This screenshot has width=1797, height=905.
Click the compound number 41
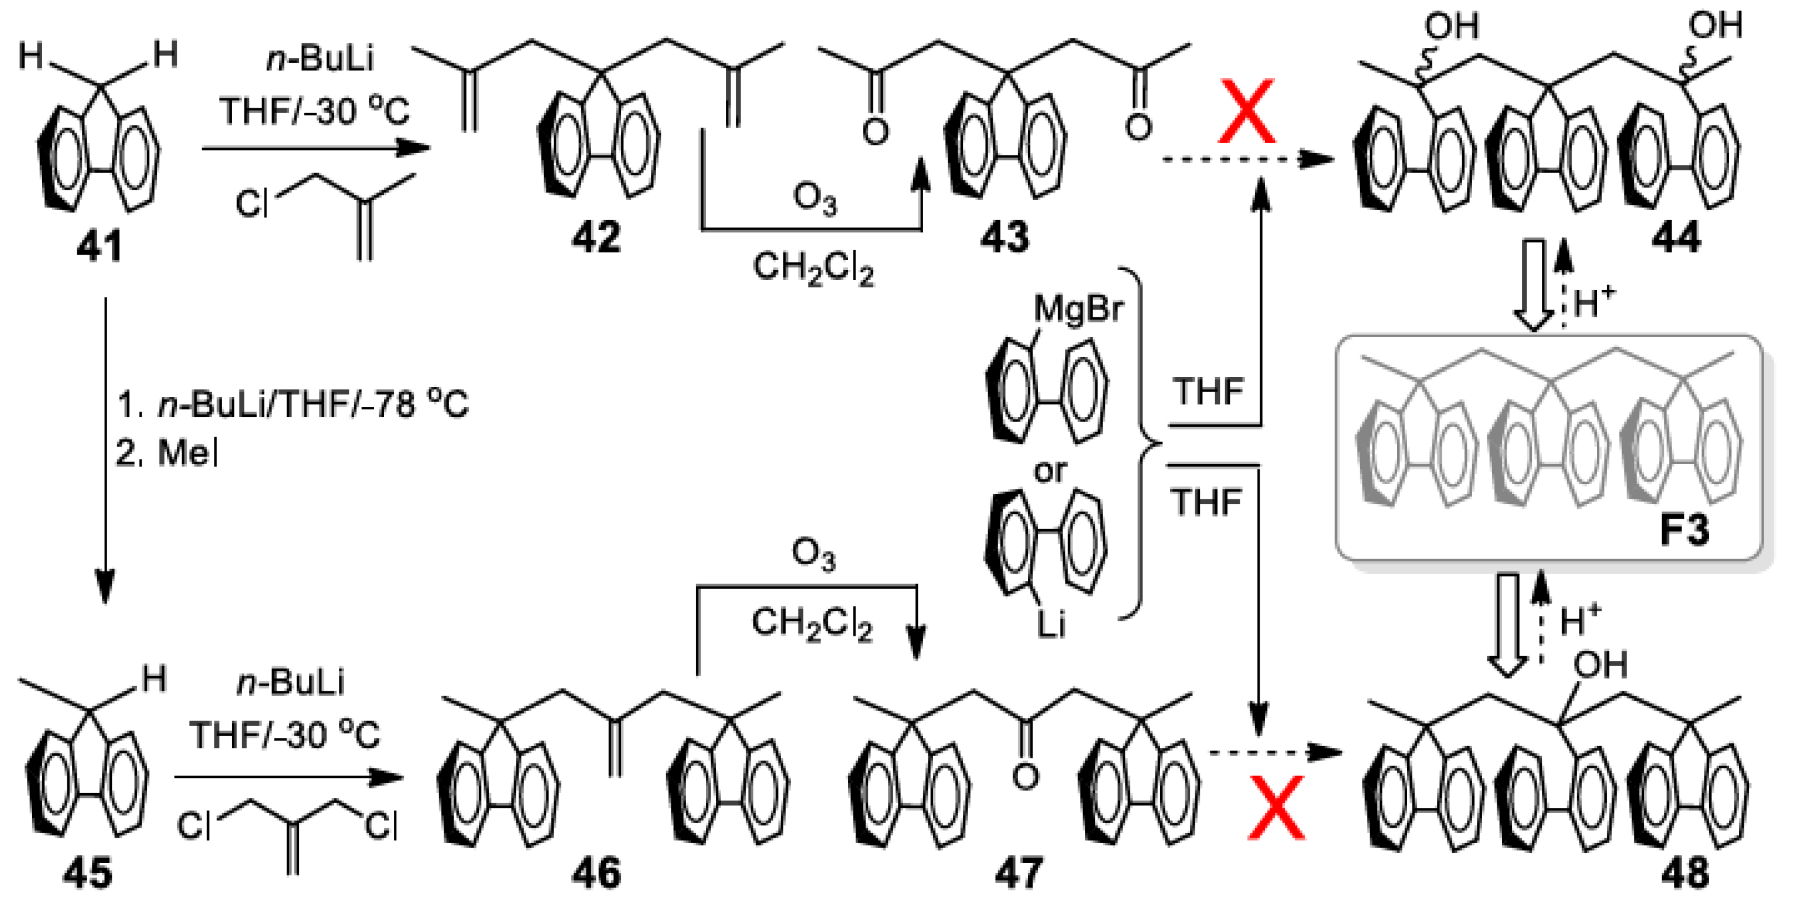[x=99, y=246]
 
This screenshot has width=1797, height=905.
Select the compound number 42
[x=596, y=237]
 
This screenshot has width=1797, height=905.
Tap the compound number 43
[x=1004, y=237]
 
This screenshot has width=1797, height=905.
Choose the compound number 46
[x=596, y=873]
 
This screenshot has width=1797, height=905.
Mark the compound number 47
[x=1018, y=873]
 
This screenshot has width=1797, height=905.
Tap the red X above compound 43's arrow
[x=1247, y=112]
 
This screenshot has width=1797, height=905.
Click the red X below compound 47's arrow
[x=1276, y=810]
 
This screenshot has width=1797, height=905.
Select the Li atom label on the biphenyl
[x=1051, y=625]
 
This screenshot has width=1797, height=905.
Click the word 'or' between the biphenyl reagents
[x=1050, y=472]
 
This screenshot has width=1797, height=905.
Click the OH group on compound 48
[x=1601, y=664]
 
